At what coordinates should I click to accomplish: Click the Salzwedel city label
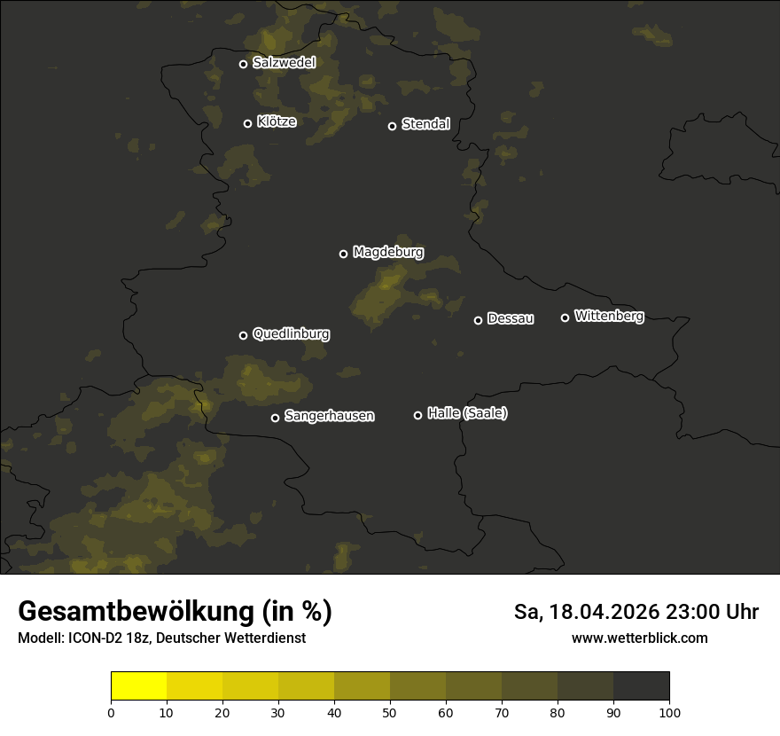click(x=284, y=63)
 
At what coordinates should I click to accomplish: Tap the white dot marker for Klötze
click(x=248, y=123)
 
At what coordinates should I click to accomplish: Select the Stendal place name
click(x=425, y=124)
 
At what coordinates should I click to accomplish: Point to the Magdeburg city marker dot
click(x=344, y=254)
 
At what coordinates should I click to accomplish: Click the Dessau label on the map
click(x=511, y=318)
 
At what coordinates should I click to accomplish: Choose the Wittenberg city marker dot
click(x=565, y=317)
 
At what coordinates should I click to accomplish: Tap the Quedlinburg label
click(x=291, y=334)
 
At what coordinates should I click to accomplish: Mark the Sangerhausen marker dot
click(x=275, y=418)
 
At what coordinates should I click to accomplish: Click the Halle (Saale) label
click(x=467, y=413)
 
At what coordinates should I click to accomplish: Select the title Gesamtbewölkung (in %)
click(x=175, y=612)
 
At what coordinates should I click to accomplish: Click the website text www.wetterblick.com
click(x=639, y=638)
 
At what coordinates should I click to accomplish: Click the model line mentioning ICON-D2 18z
click(x=161, y=638)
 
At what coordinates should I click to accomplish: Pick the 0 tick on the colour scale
click(x=111, y=712)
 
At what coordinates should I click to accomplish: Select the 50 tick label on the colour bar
click(x=390, y=712)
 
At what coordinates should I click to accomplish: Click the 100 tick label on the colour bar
click(x=669, y=712)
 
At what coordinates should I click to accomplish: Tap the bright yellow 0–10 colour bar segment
click(x=139, y=686)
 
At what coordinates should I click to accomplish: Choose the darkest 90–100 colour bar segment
click(x=641, y=686)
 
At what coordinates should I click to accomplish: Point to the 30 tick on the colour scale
click(x=278, y=712)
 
